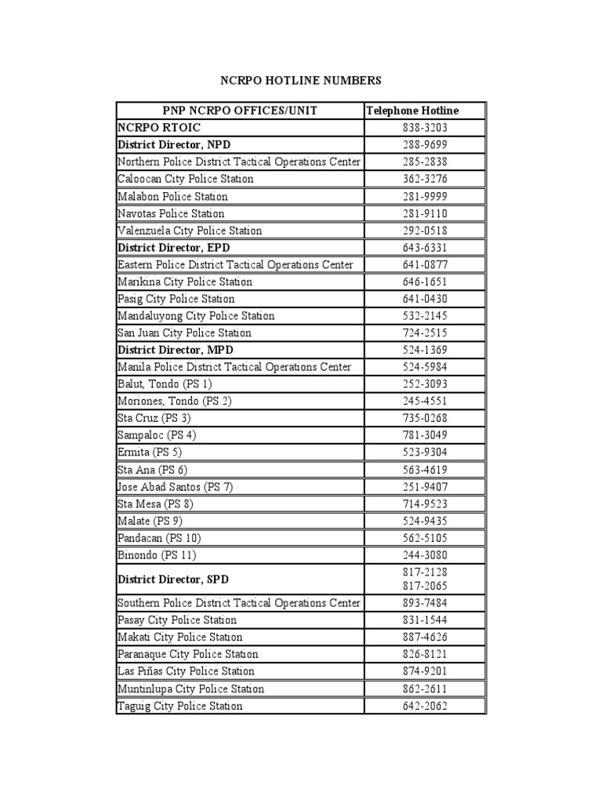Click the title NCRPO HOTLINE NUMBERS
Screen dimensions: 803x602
[300, 80]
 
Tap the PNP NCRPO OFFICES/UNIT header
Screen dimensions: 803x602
[240, 111]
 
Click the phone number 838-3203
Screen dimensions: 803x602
[424, 128]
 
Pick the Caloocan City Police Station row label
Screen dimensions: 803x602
[186, 179]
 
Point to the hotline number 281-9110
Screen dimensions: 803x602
[424, 213]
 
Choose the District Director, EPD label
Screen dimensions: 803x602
[173, 248]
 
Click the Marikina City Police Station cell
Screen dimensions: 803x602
[185, 282]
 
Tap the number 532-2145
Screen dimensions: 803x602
[424, 316]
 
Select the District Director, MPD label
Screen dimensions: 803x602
[176, 350]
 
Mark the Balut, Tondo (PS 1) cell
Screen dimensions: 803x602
[165, 384]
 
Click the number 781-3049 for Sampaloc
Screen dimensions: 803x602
[424, 435]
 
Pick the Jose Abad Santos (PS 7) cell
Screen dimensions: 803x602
[175, 487]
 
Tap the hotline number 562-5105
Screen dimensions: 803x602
[424, 538]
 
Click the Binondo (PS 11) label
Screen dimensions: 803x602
[157, 555]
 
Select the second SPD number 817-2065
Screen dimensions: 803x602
[424, 586]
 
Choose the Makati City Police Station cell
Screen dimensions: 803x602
[180, 637]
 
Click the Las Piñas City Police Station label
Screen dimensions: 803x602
[186, 671]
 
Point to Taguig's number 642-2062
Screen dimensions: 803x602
[424, 706]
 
